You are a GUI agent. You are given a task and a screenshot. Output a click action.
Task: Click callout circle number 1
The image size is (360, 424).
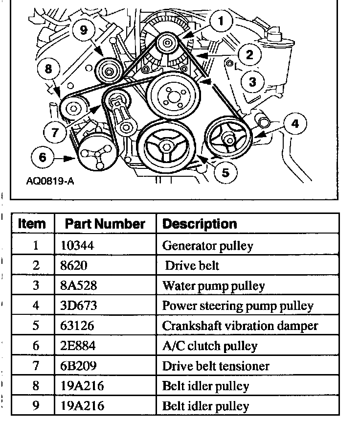(221, 21)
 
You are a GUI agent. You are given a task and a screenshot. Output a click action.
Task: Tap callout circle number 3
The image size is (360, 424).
(252, 81)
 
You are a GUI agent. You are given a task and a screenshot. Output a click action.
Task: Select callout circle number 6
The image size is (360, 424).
(43, 158)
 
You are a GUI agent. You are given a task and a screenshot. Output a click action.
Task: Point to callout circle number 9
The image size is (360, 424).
(83, 30)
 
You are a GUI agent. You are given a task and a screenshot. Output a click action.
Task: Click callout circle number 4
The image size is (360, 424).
(294, 124)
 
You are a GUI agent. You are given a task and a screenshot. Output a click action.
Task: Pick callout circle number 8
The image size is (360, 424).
(47, 69)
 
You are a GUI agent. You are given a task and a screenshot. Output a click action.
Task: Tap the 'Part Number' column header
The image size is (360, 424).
(105, 224)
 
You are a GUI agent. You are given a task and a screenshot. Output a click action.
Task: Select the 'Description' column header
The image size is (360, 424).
(199, 224)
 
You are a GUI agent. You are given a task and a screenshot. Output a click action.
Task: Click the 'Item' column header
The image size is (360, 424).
(32, 224)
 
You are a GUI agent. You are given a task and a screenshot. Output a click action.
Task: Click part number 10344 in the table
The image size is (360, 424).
(77, 245)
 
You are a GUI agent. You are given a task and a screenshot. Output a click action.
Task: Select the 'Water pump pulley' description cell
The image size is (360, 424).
(213, 286)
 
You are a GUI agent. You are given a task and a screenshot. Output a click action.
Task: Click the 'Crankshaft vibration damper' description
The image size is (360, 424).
(240, 326)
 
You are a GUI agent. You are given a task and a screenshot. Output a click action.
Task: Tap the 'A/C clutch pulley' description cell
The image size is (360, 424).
(209, 346)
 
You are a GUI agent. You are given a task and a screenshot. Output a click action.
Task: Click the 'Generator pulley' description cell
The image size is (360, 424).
(207, 245)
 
